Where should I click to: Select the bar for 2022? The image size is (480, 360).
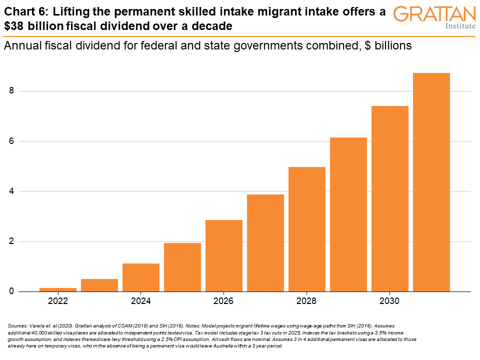tap(58, 289)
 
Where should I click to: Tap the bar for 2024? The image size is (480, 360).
tap(141, 277)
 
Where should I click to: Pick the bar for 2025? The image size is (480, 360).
tap(182, 267)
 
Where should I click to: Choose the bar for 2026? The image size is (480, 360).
tap(224, 255)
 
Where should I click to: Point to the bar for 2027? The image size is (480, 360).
tap(265, 243)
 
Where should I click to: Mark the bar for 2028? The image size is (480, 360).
tap(307, 229)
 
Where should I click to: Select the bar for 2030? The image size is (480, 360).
tap(390, 198)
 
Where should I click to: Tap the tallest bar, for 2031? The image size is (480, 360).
tap(431, 182)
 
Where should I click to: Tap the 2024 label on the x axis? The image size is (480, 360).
tap(141, 301)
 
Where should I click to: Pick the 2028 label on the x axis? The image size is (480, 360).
tap(307, 301)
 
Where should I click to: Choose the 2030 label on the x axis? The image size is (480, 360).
tap(390, 301)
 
